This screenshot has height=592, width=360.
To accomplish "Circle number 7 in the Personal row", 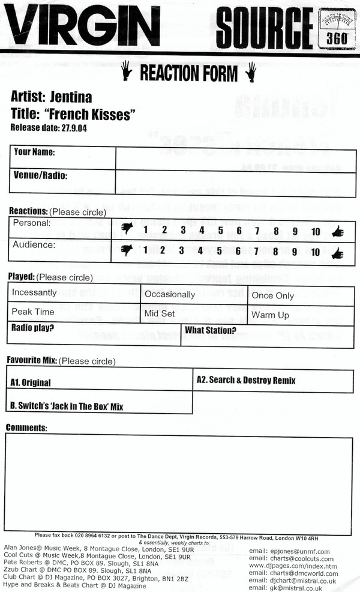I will coord(257,231).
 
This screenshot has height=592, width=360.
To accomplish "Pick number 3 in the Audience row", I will coord(181,252).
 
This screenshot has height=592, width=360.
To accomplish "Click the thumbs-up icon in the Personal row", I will coord(337,231).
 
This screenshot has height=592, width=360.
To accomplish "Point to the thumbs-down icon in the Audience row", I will coord(126,252).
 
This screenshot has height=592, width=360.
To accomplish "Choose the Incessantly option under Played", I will coord(34,293).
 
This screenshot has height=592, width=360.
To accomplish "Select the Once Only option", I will coord(273,295).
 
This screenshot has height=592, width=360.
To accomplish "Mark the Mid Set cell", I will coord(160,314).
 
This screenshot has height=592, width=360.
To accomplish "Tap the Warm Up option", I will coord(270,315).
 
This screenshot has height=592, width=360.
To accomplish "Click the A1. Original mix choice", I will coord(31,382).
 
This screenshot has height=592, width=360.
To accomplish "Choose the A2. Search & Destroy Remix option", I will coord(246,380).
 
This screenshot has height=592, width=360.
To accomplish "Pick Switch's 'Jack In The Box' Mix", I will coord(67,406).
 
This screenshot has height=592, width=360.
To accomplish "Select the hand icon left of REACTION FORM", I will coord(127,73).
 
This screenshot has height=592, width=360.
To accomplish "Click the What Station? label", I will coord(210,330).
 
